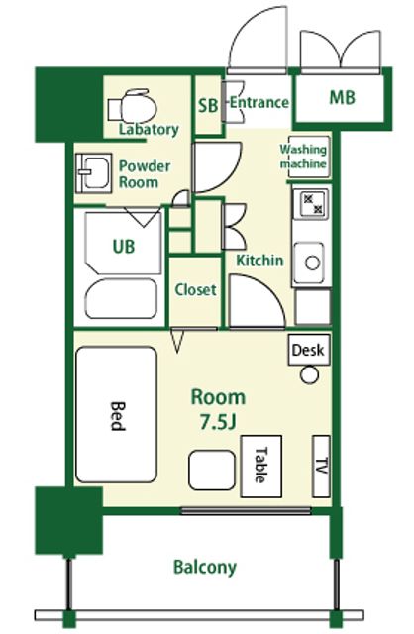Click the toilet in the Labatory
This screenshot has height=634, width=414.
[133, 106]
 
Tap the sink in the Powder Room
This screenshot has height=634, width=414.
[94, 172]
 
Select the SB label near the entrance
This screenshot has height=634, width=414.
[208, 106]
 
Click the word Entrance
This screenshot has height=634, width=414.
[259, 102]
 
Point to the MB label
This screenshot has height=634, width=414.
[343, 97]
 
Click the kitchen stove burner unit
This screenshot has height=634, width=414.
[311, 204]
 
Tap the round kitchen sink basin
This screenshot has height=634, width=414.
[312, 263]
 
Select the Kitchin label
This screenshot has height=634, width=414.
[259, 260]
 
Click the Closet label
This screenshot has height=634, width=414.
[196, 289]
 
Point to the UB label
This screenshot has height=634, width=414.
[124, 247]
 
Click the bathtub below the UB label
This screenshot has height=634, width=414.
[121, 298]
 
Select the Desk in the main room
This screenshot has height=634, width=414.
[309, 350]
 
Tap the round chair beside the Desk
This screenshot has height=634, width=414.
[309, 374]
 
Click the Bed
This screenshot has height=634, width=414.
[117, 414]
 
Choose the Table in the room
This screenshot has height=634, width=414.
[261, 467]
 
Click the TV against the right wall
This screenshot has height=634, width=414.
[322, 467]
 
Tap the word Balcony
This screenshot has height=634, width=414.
[205, 568]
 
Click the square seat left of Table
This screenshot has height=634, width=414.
[212, 471]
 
